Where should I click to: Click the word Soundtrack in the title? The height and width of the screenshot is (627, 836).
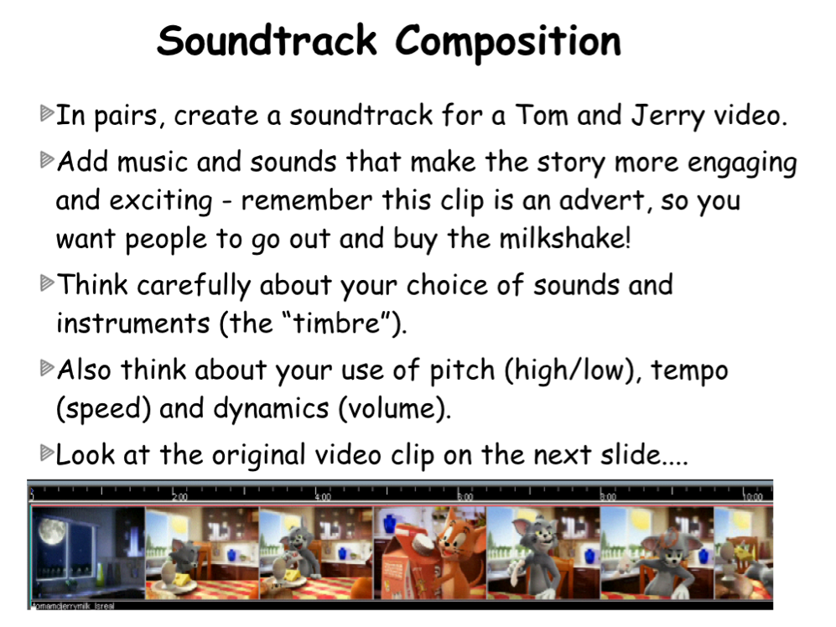pyautogui.click(x=267, y=40)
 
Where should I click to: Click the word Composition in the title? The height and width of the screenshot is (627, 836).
pyautogui.click(x=508, y=43)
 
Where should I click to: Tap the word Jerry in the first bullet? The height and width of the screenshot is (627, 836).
pyautogui.click(x=668, y=117)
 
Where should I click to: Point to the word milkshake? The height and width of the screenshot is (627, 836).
pyautogui.click(x=564, y=238)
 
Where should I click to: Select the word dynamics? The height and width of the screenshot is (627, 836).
pyautogui.click(x=271, y=409)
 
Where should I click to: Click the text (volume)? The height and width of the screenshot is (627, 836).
pyautogui.click(x=394, y=409)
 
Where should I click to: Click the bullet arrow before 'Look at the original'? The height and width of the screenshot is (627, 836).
pyautogui.click(x=48, y=453)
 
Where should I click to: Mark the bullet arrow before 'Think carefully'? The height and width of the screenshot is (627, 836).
pyautogui.click(x=48, y=282)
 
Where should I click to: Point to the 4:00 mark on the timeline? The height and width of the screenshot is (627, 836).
pyautogui.click(x=323, y=497)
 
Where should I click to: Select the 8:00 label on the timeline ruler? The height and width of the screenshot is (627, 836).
pyautogui.click(x=608, y=497)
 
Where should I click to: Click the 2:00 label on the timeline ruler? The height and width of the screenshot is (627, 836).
pyautogui.click(x=179, y=497)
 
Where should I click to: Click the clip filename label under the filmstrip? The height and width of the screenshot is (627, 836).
pyautogui.click(x=72, y=606)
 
